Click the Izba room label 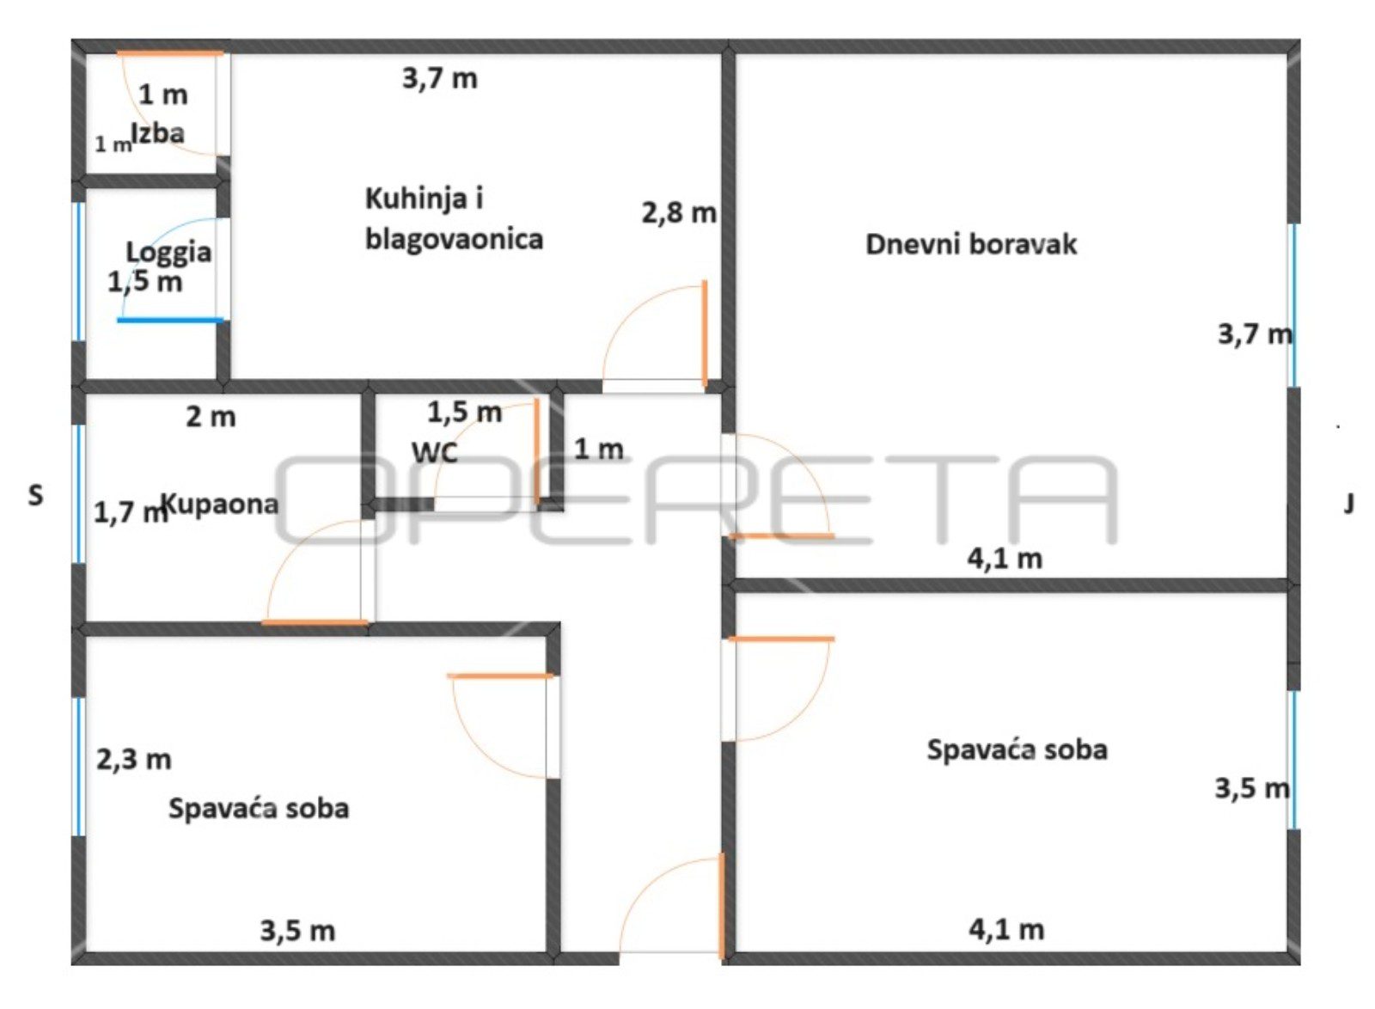click(x=158, y=133)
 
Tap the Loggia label click(x=168, y=253)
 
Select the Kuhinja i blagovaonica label click(x=455, y=218)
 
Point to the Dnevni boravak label click(x=970, y=244)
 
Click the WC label click(x=435, y=454)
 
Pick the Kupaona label click(x=220, y=504)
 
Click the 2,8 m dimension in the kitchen click(x=679, y=214)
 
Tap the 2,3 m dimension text click(x=134, y=760)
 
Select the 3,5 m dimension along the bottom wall click(x=297, y=931)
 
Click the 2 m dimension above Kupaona click(x=211, y=418)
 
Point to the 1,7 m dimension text click(x=130, y=512)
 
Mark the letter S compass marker click(x=35, y=495)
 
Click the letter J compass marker click(x=1348, y=504)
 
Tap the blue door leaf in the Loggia click(x=171, y=320)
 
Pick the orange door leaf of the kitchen click(x=705, y=333)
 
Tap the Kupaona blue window click(x=78, y=494)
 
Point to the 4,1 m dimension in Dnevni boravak click(x=1005, y=560)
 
